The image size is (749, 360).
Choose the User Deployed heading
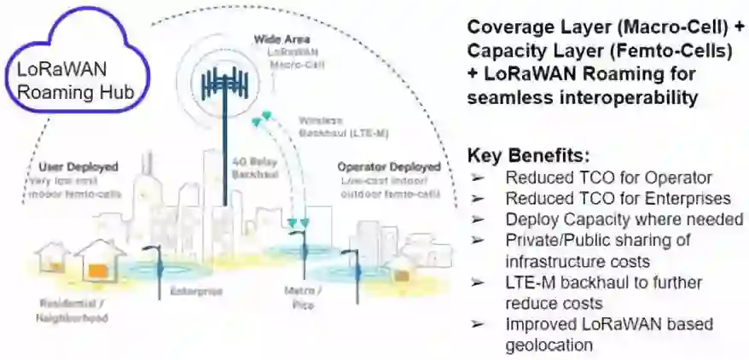pyautogui.click(x=78, y=166)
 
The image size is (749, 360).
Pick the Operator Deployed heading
pyautogui.click(x=388, y=166)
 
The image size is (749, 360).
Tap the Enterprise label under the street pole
pyautogui.click(x=197, y=292)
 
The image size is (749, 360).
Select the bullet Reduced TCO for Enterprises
pyautogui.click(x=618, y=198)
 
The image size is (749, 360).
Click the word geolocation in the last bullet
pyautogui.click(x=548, y=345)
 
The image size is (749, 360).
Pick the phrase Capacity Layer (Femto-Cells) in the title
pyautogui.click(x=599, y=51)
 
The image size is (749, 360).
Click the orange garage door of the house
pyautogui.click(x=98, y=270)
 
